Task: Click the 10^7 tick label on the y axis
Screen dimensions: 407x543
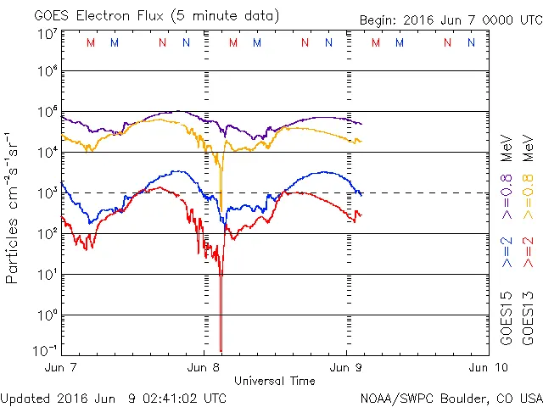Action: tap(47, 33)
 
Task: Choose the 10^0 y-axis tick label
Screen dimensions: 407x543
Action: tap(47, 315)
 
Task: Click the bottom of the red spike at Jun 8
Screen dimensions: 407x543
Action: tap(221, 349)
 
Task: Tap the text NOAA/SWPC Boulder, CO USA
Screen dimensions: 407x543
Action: tap(451, 398)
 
